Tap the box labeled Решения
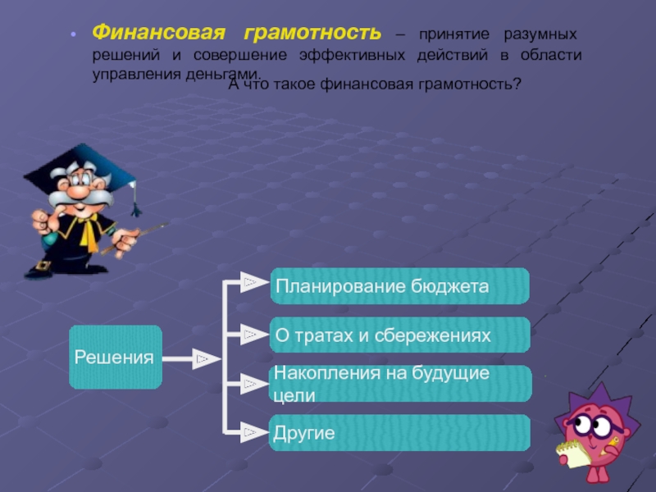(x=115, y=358)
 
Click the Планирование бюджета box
(x=399, y=285)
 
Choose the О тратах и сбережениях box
(x=399, y=335)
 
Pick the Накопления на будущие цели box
(x=399, y=384)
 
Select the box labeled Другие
(x=399, y=432)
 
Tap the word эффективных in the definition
(x=353, y=55)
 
